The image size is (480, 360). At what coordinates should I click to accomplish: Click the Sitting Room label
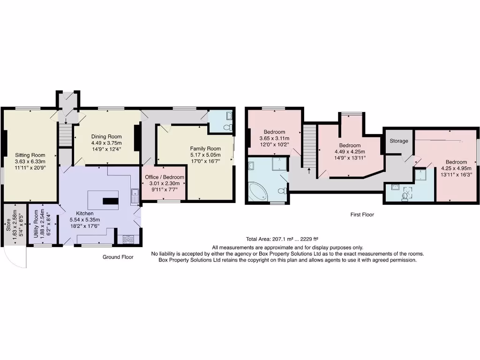coord(30,155)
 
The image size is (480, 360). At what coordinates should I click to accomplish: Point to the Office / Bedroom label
coord(165,177)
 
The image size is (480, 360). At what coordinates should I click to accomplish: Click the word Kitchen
coord(85,213)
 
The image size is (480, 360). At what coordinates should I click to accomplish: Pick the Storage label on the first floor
coord(398,141)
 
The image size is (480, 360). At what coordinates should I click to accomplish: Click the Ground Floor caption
coord(118,257)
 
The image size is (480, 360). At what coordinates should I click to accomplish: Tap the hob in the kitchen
coord(127,239)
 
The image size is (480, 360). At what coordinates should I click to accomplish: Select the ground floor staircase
coord(65,135)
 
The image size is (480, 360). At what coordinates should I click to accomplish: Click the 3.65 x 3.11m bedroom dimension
coord(274,138)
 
